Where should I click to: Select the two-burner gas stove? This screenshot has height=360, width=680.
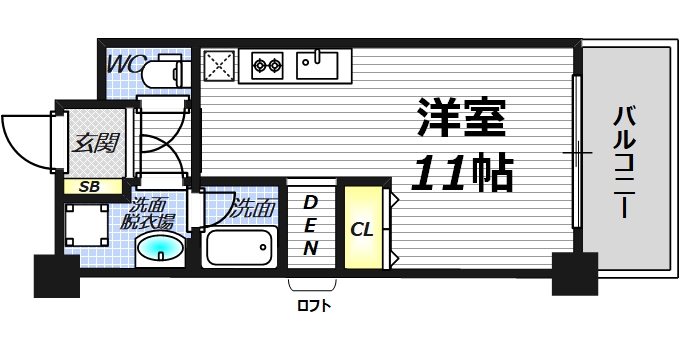point(267,66)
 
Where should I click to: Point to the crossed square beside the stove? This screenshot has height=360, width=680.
point(218,66)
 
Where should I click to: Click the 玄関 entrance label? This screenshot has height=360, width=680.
point(93,142)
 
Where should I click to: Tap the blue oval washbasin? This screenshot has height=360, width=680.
point(158,249)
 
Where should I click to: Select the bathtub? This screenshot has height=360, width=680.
point(240,246)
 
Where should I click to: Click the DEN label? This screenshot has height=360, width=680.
point(311,225)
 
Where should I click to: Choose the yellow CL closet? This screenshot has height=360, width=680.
point(363,228)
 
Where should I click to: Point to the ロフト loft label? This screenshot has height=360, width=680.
point(313,306)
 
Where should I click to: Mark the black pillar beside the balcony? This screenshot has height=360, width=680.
point(574,272)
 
